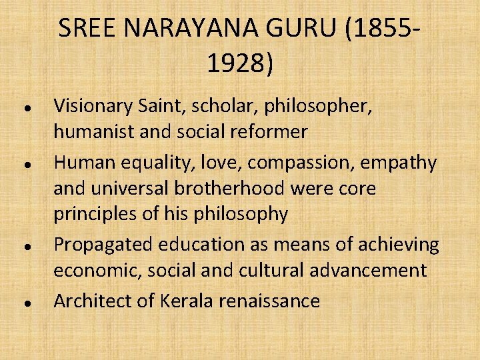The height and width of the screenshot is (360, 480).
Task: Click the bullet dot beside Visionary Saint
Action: (24, 107)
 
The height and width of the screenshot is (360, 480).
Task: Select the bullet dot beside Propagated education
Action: (24, 246)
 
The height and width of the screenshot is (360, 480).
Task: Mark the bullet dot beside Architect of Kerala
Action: (24, 302)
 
